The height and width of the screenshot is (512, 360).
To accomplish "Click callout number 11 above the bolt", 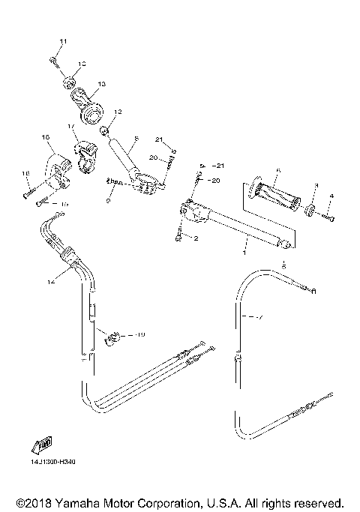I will point(63,40).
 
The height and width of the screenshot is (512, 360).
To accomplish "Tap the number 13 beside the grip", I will point(101,83).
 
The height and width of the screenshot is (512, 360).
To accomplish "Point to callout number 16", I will point(45,138).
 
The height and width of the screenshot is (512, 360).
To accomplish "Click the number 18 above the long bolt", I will point(25,174).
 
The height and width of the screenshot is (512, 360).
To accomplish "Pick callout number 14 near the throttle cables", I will point(51,283).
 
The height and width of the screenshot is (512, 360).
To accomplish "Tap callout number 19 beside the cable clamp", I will point(140,334).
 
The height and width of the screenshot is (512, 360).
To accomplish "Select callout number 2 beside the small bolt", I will point(196,239).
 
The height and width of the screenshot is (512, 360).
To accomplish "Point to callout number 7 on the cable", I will point(260,318).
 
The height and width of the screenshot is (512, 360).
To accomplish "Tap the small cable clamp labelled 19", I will point(114,337).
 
